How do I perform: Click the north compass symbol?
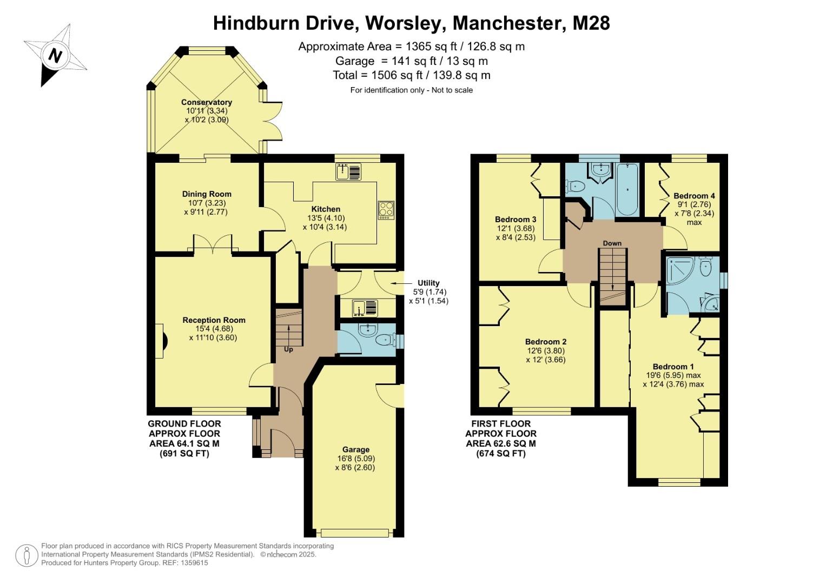tap(55, 55)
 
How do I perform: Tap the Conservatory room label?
tap(206, 102)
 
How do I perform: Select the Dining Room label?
tap(206, 194)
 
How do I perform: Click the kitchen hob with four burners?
tap(386, 209)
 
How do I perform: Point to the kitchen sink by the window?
tap(348, 172)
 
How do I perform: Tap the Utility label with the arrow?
tap(428, 283)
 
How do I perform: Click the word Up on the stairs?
tap(288, 349)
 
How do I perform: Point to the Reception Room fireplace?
tap(161, 341)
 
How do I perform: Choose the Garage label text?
tap(355, 449)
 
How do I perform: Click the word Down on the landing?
tap(612, 243)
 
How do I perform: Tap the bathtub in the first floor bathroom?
tap(627, 189)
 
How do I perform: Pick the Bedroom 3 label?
tap(516, 220)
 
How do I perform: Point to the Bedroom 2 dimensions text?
tap(545, 355)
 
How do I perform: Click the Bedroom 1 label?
tap(673, 366)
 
